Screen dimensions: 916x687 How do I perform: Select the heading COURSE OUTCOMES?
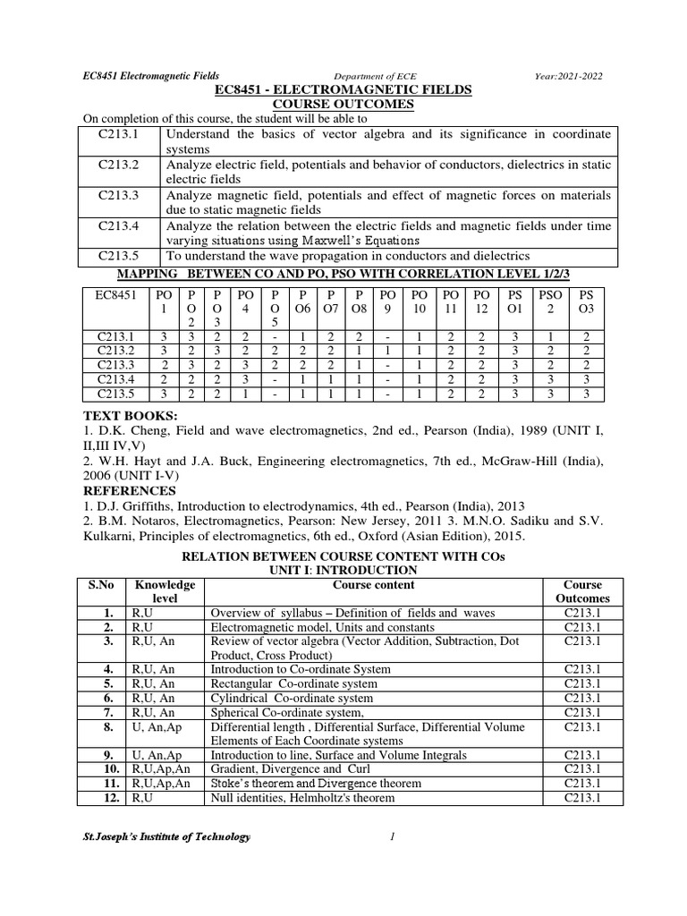(x=343, y=105)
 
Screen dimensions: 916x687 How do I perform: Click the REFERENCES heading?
(x=129, y=491)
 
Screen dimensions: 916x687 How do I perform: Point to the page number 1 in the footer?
(x=392, y=836)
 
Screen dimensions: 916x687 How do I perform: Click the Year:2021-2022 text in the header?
(x=582, y=77)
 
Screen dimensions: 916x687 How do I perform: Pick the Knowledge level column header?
(x=165, y=591)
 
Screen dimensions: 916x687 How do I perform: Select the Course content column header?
(x=373, y=585)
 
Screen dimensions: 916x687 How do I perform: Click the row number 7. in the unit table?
(x=107, y=712)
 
